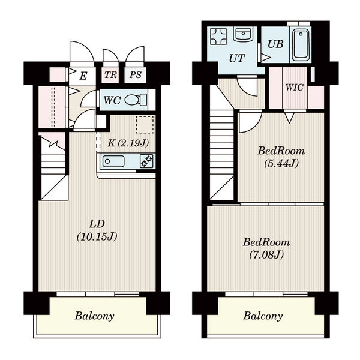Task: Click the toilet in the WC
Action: (x=136, y=100)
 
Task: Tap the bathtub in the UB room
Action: (x=301, y=45)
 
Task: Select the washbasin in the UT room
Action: (x=243, y=34)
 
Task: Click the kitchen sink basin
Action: (x=113, y=161)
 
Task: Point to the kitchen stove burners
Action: (x=146, y=161)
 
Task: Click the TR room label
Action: (x=110, y=74)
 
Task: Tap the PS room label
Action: (x=135, y=74)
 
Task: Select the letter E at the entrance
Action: (x=83, y=76)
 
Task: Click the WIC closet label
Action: (x=295, y=87)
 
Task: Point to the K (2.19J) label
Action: (x=128, y=143)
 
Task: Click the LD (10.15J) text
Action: (x=97, y=230)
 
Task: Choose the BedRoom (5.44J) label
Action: (x=281, y=157)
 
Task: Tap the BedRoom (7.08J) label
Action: (x=266, y=248)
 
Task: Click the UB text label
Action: (x=275, y=44)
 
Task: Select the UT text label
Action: (x=237, y=58)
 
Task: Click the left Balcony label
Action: (x=94, y=316)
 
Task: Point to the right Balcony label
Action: (x=263, y=316)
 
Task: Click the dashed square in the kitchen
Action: (x=145, y=125)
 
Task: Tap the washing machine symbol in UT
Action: (x=218, y=36)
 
